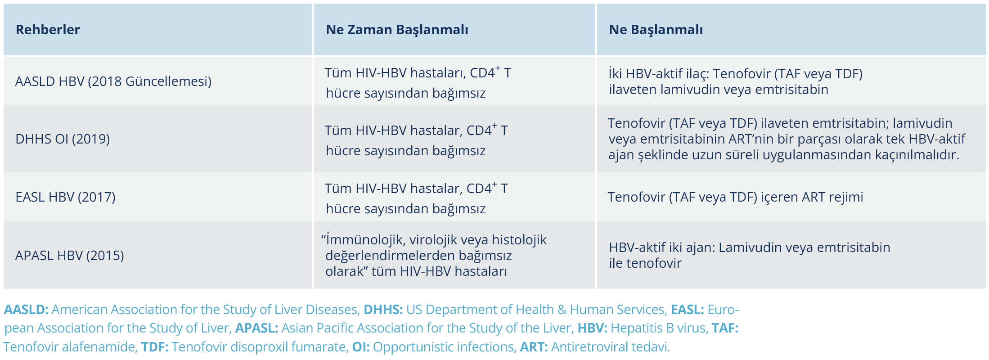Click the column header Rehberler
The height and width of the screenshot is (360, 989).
pos(48,30)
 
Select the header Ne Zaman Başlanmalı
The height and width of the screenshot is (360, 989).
pos(397,30)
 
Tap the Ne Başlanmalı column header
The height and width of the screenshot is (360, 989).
pos(656,30)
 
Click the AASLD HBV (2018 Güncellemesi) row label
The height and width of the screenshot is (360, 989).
pos(113,81)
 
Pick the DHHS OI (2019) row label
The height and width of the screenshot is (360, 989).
pos(63,139)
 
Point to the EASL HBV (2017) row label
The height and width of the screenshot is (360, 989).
pos(65,197)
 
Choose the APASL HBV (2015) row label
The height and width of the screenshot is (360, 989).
pos(69,256)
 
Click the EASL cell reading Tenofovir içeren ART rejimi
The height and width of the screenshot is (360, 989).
pos(735,197)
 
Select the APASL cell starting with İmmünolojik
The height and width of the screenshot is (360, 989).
pos(434,255)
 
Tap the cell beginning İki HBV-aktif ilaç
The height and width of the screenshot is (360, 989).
pos(735,81)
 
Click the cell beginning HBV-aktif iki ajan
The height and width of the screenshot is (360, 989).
pos(749,255)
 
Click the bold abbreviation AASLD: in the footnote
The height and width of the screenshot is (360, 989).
pos(26,310)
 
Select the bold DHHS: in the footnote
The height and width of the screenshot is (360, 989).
pos(383,310)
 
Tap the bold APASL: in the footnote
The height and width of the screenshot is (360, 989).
pos(256,328)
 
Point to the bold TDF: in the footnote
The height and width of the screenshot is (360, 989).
pos(154,347)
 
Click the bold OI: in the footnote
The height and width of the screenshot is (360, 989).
pos(360,347)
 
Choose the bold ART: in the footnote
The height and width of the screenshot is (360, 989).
pos(534,347)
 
